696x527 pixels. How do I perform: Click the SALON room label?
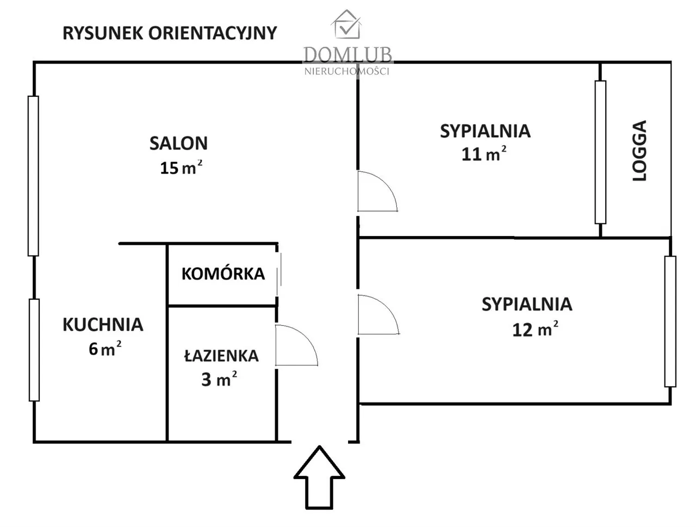coord(178,143)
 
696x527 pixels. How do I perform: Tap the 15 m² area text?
coord(181,168)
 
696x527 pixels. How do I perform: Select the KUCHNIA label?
coord(103,325)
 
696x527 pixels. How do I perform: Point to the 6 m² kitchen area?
coord(105,349)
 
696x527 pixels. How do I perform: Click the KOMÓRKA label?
coord(223,274)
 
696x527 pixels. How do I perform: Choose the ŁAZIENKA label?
coord(221,356)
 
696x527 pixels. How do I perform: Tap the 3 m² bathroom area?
coord(219,379)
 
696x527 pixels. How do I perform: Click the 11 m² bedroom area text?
coord(484,154)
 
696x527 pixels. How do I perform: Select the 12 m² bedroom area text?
coord(535,329)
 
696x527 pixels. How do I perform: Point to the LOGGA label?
coord(640,151)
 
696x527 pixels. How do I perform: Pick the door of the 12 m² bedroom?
coord(377,315)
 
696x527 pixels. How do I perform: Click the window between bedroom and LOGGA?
coord(600,152)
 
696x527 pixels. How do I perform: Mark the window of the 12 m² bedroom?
coord(670,321)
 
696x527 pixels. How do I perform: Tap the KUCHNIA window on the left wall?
coord(34,350)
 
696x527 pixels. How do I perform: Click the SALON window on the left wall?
coord(34,176)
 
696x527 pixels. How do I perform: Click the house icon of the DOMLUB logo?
coord(347,24)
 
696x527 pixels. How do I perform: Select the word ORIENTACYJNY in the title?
coord(213,33)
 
